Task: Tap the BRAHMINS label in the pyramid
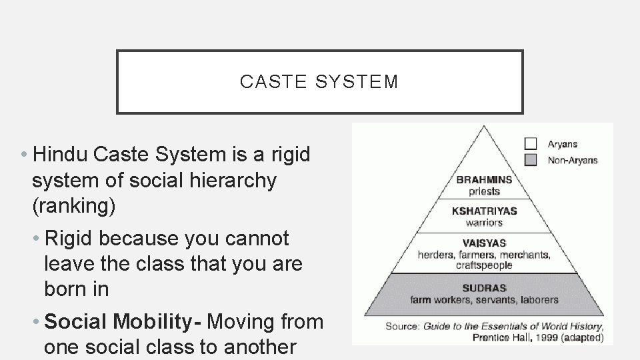click(484, 179)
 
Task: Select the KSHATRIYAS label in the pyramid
click(484, 211)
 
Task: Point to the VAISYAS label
click(484, 243)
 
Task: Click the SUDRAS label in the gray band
click(484, 289)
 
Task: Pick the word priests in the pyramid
click(484, 191)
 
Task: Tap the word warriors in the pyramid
click(484, 222)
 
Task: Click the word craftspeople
click(484, 265)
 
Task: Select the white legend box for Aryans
click(531, 143)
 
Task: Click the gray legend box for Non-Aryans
click(531, 159)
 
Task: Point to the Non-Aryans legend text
click(572, 160)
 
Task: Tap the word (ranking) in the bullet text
click(73, 207)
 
